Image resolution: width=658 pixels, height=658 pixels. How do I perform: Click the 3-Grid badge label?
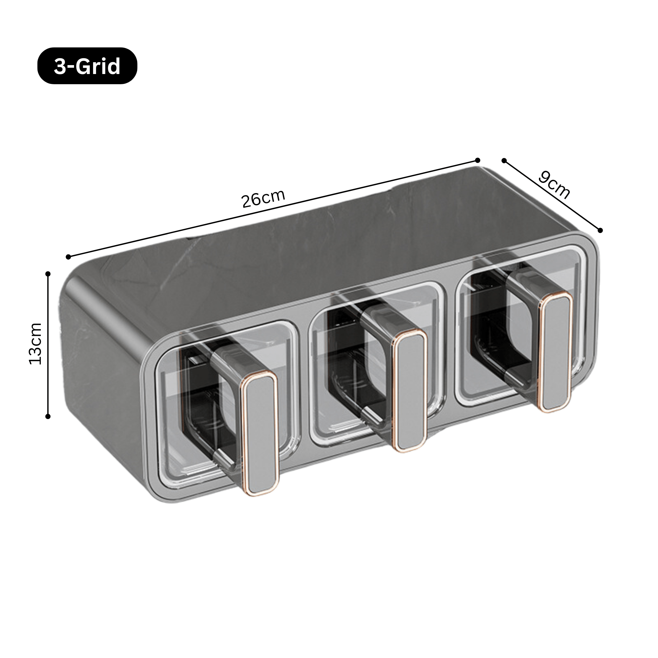(x=87, y=66)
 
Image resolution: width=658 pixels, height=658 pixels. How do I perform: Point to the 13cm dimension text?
(x=36, y=344)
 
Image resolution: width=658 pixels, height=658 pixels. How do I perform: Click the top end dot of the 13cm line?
(x=48, y=274)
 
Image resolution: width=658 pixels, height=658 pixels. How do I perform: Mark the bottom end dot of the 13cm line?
(x=48, y=416)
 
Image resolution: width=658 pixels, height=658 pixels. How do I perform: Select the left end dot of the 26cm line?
(x=68, y=257)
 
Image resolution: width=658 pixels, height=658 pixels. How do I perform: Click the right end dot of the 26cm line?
(x=477, y=160)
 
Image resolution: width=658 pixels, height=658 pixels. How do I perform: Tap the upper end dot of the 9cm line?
(x=504, y=161)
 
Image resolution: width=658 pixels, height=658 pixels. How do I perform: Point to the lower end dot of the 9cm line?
(x=600, y=230)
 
